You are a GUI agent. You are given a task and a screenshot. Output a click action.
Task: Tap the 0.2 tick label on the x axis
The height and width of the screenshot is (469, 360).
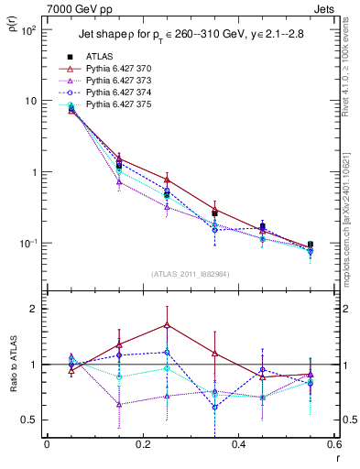(x=142, y=444)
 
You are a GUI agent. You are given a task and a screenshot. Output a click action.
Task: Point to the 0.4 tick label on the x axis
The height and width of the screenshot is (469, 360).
(x=238, y=444)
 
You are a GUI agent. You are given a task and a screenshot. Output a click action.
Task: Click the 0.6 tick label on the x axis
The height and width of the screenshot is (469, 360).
(x=333, y=444)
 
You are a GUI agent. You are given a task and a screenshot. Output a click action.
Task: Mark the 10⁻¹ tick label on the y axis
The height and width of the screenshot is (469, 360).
(x=27, y=244)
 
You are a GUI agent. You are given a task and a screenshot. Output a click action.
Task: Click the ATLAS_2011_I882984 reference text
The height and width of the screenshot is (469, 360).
(x=191, y=273)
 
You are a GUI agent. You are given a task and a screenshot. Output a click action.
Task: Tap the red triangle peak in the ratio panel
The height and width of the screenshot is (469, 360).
(x=167, y=324)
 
